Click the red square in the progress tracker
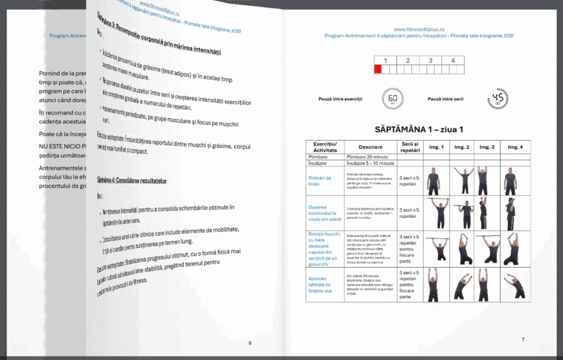[x=378, y=69]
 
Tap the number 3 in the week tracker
[x=430, y=60]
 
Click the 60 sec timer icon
[x=393, y=99]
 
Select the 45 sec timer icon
[x=498, y=99]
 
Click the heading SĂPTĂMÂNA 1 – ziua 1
[x=418, y=130]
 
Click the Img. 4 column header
[x=515, y=147]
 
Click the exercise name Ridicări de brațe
[x=320, y=181]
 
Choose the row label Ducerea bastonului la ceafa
[x=324, y=213]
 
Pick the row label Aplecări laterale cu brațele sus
[x=320, y=284]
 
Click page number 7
[x=522, y=340]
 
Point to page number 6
[x=250, y=343]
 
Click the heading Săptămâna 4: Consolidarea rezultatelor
[x=132, y=180]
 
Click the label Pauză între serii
[x=445, y=99]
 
